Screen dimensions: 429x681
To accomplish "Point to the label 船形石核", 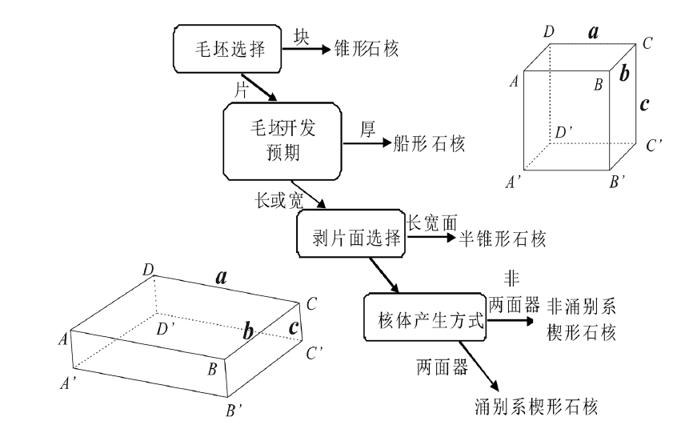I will click(428, 144).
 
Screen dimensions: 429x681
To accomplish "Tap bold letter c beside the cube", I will click(644, 104).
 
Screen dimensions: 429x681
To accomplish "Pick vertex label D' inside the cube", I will click(563, 130).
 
